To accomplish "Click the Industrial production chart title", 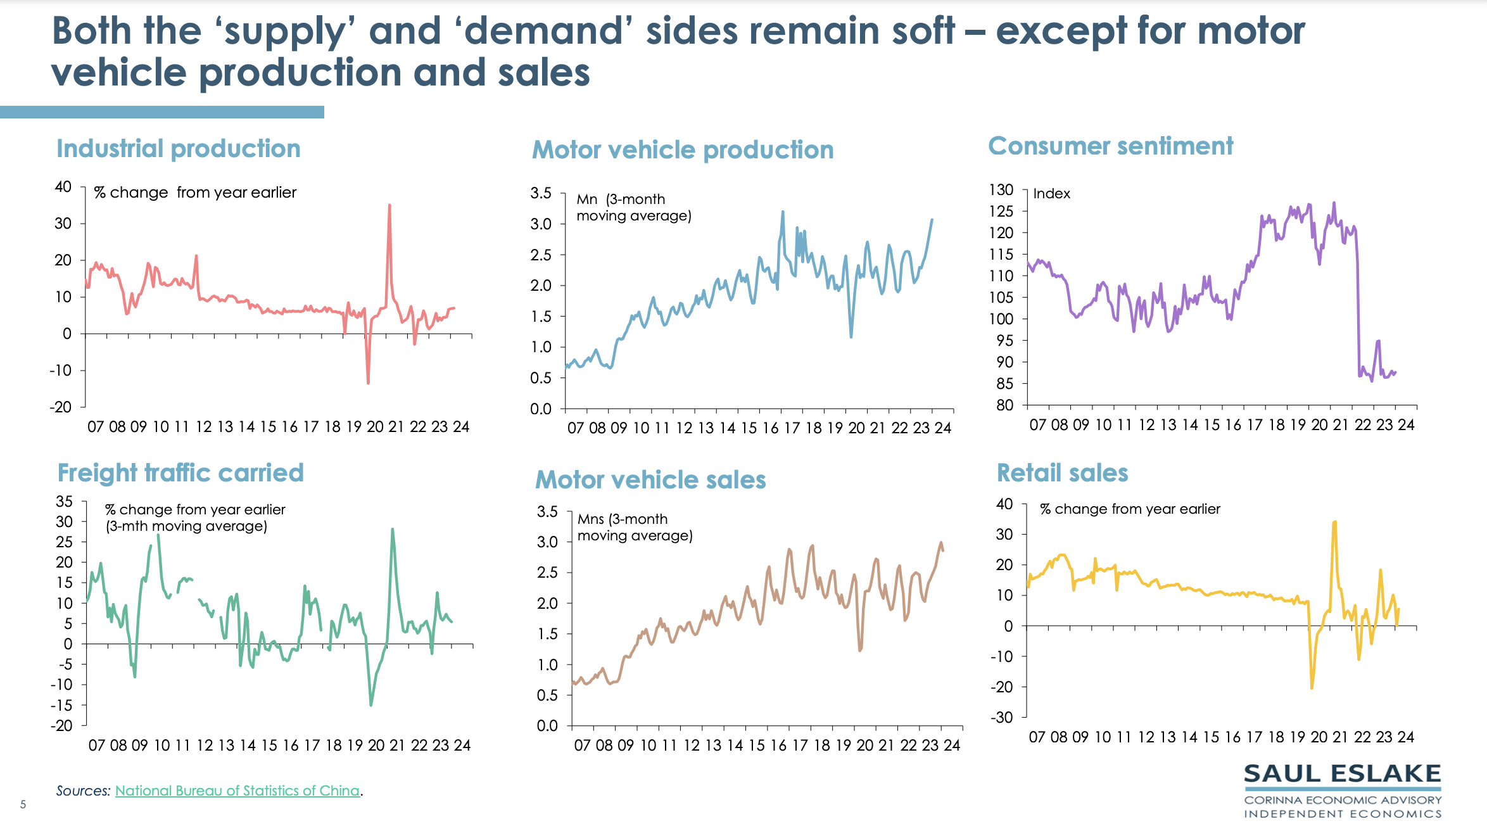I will click(x=178, y=149).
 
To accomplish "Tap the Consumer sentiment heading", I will click(x=1110, y=146).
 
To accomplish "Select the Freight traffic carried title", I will click(x=180, y=473).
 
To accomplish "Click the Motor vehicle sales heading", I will click(x=650, y=480).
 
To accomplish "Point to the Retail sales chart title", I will click(x=1062, y=473).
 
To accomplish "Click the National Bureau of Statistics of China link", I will click(x=237, y=791).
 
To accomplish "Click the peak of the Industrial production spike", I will click(x=389, y=205).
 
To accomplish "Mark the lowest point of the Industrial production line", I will click(x=368, y=383).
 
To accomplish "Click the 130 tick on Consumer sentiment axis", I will click(x=1001, y=189).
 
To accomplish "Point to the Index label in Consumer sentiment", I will click(x=1051, y=194).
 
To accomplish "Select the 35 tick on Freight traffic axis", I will click(x=65, y=501).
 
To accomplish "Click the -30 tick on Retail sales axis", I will click(x=1001, y=717).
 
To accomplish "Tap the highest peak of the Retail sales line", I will click(x=1334, y=522).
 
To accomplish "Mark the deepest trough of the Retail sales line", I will click(x=1312, y=688).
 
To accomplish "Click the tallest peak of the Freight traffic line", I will click(x=393, y=529).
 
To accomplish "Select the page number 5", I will click(x=23, y=804).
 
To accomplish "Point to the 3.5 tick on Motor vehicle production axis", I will click(x=541, y=193).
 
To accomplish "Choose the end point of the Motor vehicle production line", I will click(x=932, y=220).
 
